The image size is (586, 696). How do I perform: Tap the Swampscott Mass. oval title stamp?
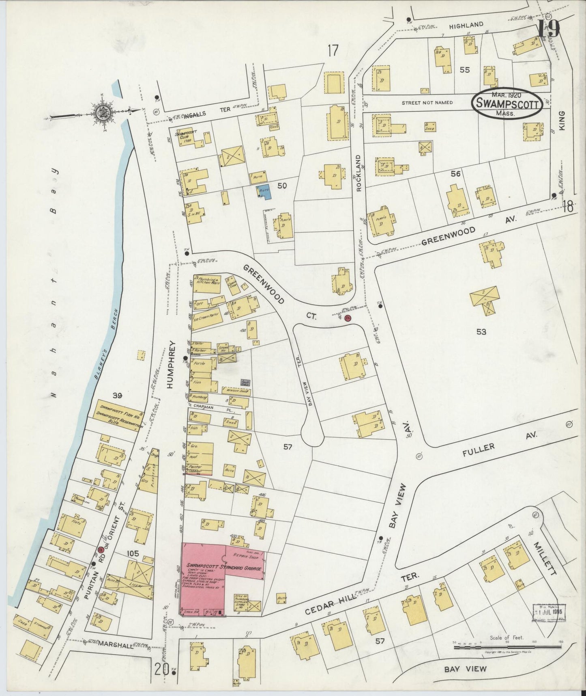point(507,104)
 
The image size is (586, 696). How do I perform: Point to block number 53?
point(481,332)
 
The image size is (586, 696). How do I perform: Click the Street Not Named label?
point(427,103)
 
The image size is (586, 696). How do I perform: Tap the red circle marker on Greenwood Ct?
point(348,319)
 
